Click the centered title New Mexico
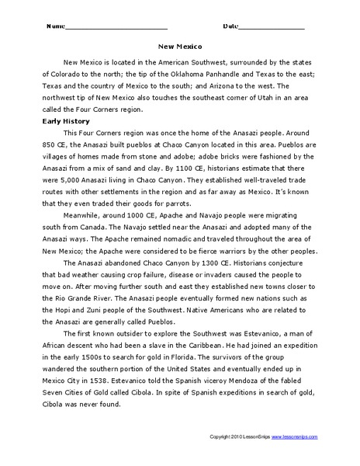pos(180,45)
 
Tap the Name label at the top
pos(57,26)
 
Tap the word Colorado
pos(84,74)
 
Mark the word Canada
pos(95,228)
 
